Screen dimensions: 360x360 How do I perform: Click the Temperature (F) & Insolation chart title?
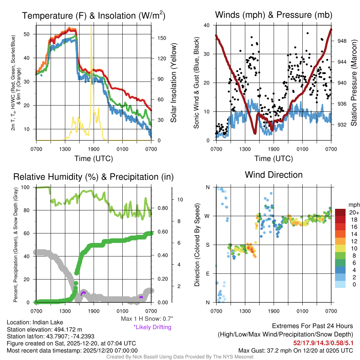pyautogui.click(x=94, y=16)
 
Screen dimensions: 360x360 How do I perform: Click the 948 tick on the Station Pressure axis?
pyautogui.click(x=342, y=41)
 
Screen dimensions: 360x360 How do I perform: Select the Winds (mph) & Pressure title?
pyautogui.click(x=274, y=15)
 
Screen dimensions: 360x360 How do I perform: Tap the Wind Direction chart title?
pyautogui.click(x=274, y=175)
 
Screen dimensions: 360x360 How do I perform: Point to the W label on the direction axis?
pyautogui.click(x=207, y=216)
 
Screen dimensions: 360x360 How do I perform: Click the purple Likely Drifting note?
pyautogui.click(x=152, y=327)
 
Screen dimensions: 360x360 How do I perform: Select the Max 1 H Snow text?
pyautogui.click(x=147, y=319)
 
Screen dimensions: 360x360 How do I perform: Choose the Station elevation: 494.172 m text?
pyautogui.click(x=44, y=329)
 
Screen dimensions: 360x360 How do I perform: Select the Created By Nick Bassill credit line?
pyautogui.click(x=180, y=357)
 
